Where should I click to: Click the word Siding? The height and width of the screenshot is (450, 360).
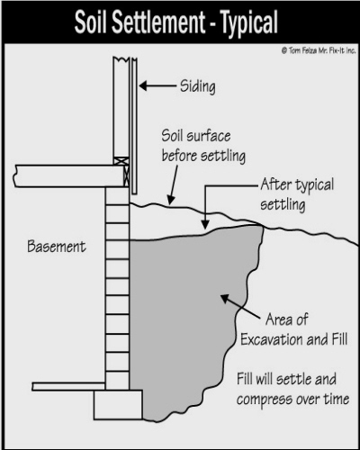click(x=198, y=86)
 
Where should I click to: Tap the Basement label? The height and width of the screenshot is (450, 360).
click(x=57, y=247)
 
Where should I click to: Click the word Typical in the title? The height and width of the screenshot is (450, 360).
click(x=249, y=22)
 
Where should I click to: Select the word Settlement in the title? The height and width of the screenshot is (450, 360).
click(x=158, y=22)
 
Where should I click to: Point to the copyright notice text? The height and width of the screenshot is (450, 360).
click(x=319, y=50)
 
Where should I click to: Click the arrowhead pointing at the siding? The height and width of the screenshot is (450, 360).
click(x=143, y=85)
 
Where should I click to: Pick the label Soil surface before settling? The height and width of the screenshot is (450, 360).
click(x=203, y=146)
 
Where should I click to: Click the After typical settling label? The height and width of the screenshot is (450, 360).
click(x=297, y=194)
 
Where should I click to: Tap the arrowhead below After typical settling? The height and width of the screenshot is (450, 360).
click(x=205, y=224)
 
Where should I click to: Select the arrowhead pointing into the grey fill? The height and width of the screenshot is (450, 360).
click(x=225, y=299)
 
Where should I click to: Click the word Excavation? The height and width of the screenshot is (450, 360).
click(x=272, y=339)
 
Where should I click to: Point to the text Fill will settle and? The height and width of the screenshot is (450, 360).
click(x=286, y=379)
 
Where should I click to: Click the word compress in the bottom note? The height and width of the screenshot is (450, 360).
click(x=265, y=400)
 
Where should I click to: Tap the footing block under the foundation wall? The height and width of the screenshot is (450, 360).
click(x=118, y=404)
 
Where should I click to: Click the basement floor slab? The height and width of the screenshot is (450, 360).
click(x=68, y=386)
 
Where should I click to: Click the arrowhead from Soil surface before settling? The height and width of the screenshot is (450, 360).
click(x=171, y=200)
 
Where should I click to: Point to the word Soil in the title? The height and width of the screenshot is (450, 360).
click(x=91, y=22)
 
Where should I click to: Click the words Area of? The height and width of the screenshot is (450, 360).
click(x=286, y=319)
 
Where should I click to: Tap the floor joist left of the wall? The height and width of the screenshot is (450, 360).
click(x=69, y=176)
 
